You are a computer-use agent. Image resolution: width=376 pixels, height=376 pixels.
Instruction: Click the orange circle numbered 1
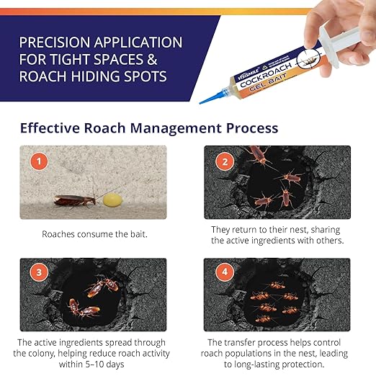pos(35,161)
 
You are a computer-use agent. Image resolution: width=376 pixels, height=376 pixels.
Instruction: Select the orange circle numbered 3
pos(35,273)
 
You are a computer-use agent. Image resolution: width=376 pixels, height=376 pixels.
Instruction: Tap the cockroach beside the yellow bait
pos(74,200)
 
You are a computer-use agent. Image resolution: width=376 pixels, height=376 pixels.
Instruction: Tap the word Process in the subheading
pos(251,128)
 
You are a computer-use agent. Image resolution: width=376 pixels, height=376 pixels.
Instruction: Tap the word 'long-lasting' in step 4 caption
pos(241,365)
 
